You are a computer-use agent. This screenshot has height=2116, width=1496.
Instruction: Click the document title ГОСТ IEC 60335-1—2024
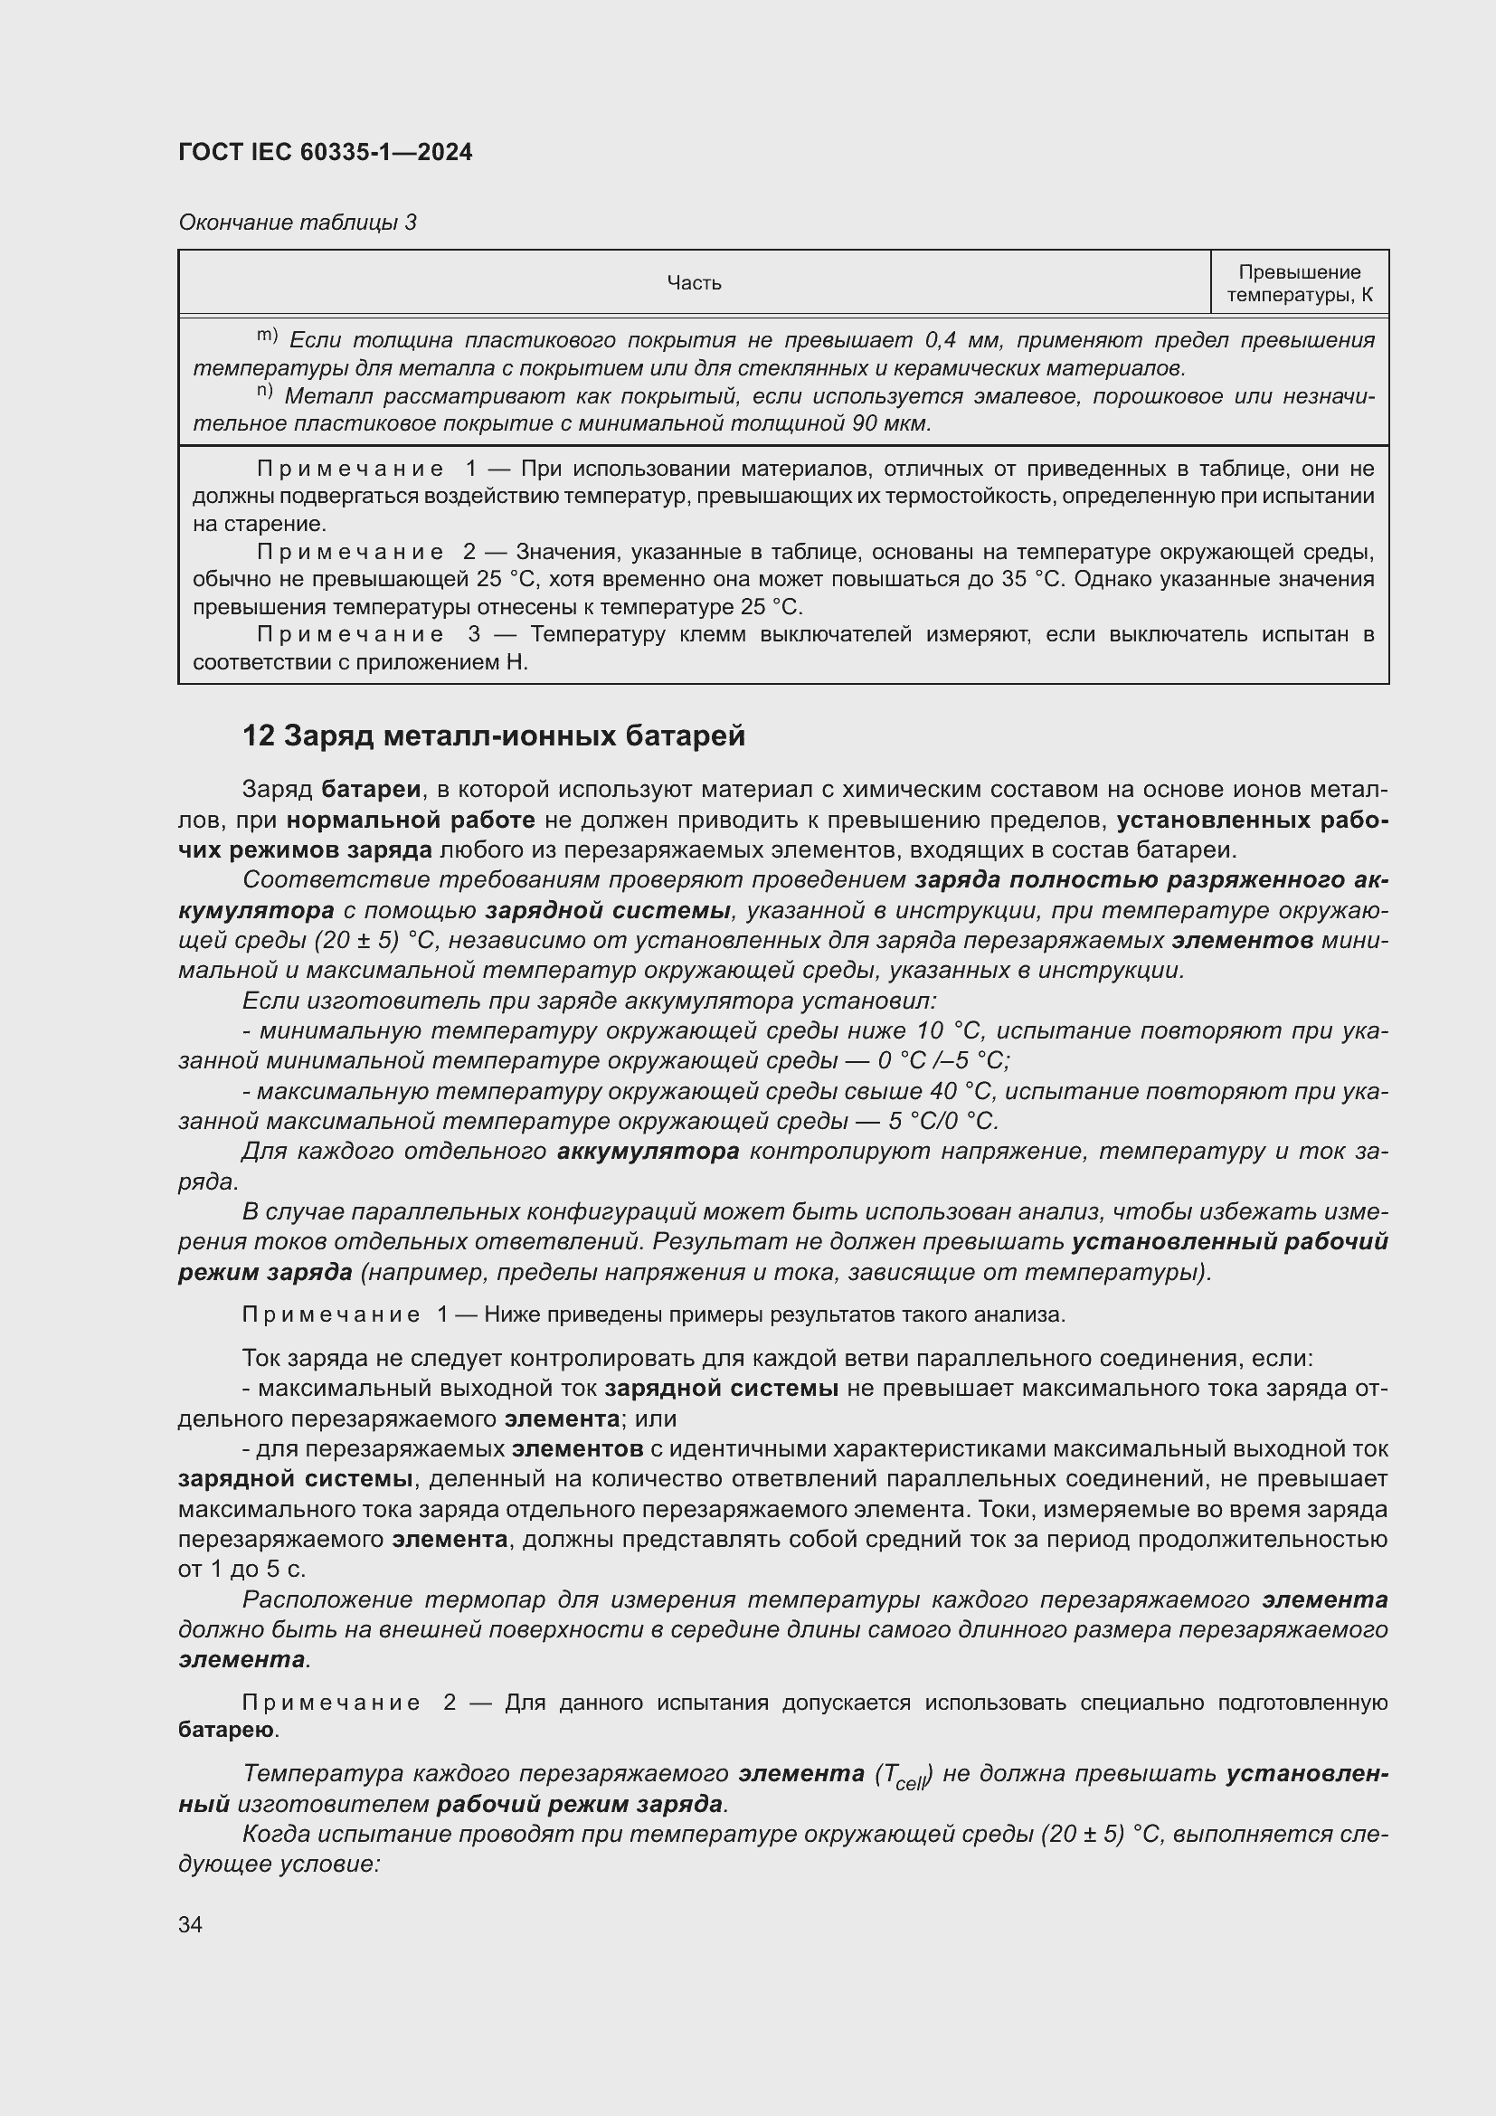[x=326, y=152]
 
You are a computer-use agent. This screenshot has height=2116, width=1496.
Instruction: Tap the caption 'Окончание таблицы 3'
[x=297, y=223]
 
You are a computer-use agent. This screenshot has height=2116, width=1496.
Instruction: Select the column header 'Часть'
[x=694, y=283]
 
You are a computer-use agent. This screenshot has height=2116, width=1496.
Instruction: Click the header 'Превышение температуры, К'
[x=1299, y=283]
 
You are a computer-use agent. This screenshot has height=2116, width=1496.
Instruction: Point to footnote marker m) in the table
[x=267, y=336]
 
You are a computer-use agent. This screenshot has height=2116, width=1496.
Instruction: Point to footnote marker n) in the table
[x=265, y=392]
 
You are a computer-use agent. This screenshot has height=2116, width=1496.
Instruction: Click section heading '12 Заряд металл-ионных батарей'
[x=493, y=735]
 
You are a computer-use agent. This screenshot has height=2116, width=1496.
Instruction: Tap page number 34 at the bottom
[x=191, y=1924]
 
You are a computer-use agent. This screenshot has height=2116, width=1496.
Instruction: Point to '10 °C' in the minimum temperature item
[x=950, y=1030]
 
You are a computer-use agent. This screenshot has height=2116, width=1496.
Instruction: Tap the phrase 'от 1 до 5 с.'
[x=242, y=1569]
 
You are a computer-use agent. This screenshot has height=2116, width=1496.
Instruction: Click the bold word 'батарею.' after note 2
[x=229, y=1730]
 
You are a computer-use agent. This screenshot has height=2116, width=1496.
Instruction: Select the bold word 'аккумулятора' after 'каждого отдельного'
[x=648, y=1151]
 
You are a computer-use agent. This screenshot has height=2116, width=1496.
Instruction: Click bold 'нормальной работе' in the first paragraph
[x=410, y=820]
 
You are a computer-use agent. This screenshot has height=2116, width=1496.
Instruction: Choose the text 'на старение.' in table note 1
[x=259, y=525]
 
